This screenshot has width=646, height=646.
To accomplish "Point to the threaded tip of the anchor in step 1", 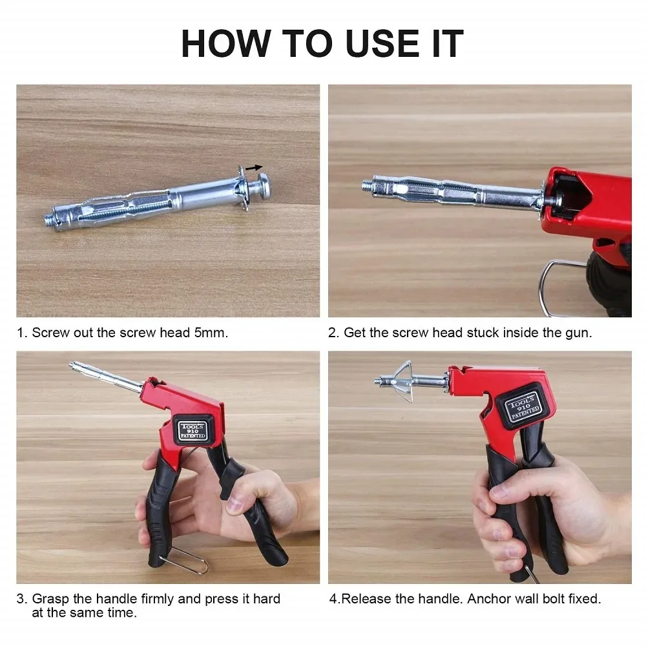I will (52, 218).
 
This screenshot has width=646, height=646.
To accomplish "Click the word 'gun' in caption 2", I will (578, 333).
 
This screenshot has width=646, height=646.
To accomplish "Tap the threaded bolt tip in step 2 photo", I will (368, 185).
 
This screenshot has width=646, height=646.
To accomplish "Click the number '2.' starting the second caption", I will (333, 333).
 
